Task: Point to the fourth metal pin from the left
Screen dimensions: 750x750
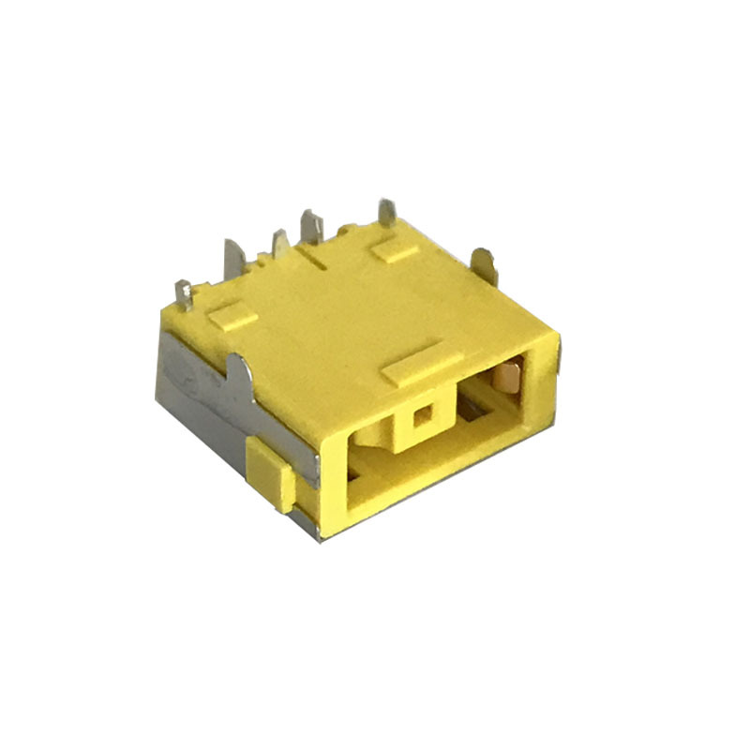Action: click(310, 228)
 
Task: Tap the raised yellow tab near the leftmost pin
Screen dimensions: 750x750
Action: click(232, 317)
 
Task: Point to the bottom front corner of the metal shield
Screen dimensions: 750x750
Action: click(316, 537)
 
